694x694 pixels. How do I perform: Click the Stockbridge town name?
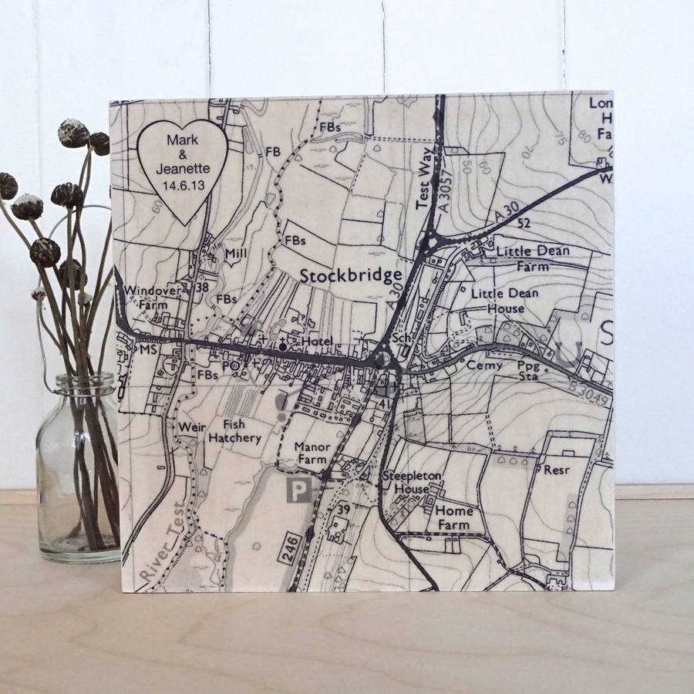point(351,276)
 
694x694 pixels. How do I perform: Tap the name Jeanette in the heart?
point(179,170)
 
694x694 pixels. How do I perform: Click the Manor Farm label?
point(313,453)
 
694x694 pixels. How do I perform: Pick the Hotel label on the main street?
point(316,342)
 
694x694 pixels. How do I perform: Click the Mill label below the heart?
point(234,252)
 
